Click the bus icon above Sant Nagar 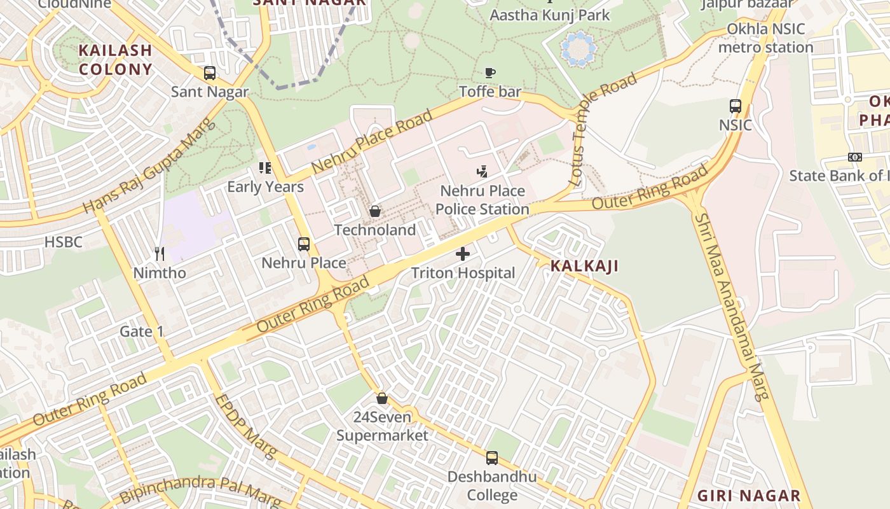[x=209, y=73]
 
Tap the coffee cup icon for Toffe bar [x=489, y=73]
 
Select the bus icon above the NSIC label [x=736, y=106]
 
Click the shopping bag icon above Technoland [x=375, y=211]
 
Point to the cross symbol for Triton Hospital [x=463, y=254]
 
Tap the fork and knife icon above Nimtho [x=159, y=254]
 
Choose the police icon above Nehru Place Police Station [x=482, y=171]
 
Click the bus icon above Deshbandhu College [x=491, y=457]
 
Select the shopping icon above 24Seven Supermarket [x=381, y=398]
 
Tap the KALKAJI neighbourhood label [x=584, y=266]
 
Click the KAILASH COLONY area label [x=116, y=60]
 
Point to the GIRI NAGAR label [x=749, y=496]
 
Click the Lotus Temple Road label [x=604, y=130]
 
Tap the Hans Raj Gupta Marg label [x=150, y=167]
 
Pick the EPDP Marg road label [x=247, y=427]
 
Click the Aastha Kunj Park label [x=550, y=15]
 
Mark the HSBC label [x=63, y=242]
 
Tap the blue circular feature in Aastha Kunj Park [x=579, y=48]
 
